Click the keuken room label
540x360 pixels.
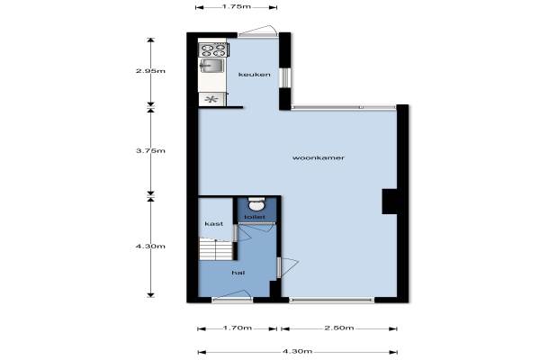coord(254,75)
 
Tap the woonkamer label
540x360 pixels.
coord(319,157)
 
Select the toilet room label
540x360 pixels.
coord(255,217)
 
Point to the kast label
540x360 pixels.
coord(214,224)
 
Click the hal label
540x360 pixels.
coord(238,273)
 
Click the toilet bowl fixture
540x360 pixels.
coord(256,204)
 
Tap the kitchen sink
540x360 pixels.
coord(211,66)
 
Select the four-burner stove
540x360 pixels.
coord(213,50)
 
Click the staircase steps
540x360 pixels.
coord(216,250)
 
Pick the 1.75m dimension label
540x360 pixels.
coord(236,6)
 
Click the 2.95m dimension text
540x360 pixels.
coord(150,71)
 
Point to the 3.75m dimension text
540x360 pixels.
coord(150,151)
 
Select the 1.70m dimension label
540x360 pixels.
coord(238,328)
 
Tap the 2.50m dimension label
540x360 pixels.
coord(339,328)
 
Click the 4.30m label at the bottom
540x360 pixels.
coord(298,351)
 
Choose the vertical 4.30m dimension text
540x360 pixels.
coord(150,247)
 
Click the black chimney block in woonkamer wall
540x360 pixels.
coord(390,202)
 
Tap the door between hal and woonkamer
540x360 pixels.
coord(287,267)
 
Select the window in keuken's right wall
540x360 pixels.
coord(285,78)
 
